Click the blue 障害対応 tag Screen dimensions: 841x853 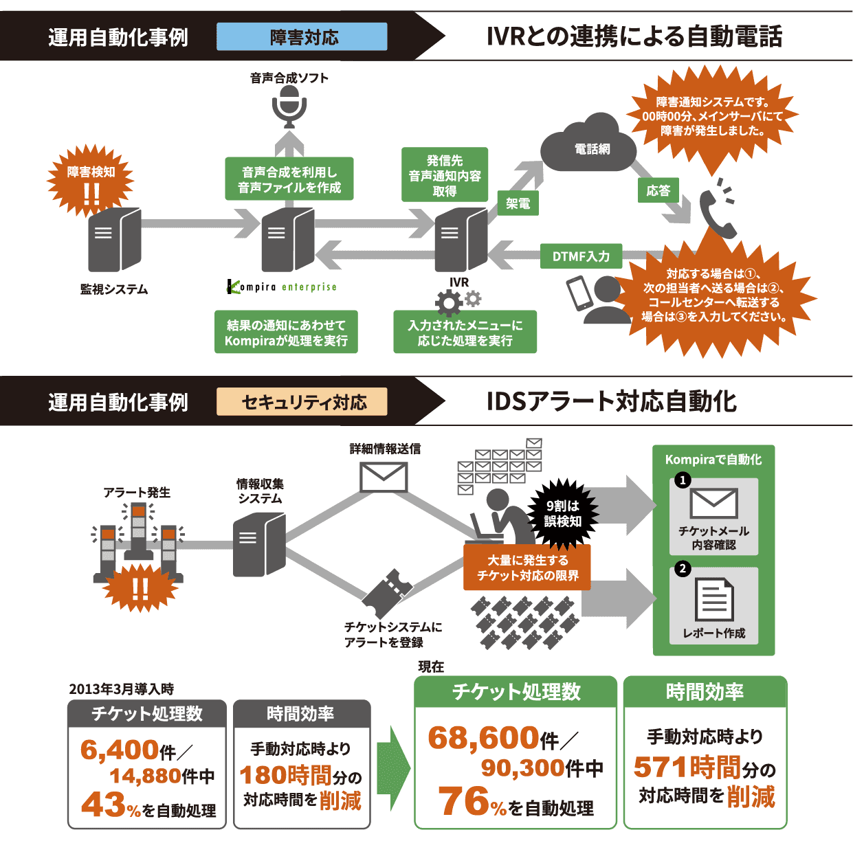[x=302, y=37]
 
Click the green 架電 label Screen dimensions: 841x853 [x=518, y=203]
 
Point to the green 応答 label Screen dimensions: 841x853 [x=658, y=190]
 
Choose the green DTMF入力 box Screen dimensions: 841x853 [x=581, y=256]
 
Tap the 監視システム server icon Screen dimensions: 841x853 [x=114, y=240]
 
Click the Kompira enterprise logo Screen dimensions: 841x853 [x=282, y=287]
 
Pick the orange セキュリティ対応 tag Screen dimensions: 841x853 [x=302, y=403]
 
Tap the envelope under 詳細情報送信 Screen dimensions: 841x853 [x=384, y=477]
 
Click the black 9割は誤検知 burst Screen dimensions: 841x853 [x=562, y=513]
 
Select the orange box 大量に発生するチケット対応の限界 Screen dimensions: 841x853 [x=527, y=568]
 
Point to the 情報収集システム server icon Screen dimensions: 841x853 [x=258, y=544]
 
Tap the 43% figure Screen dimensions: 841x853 [x=111, y=805]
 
